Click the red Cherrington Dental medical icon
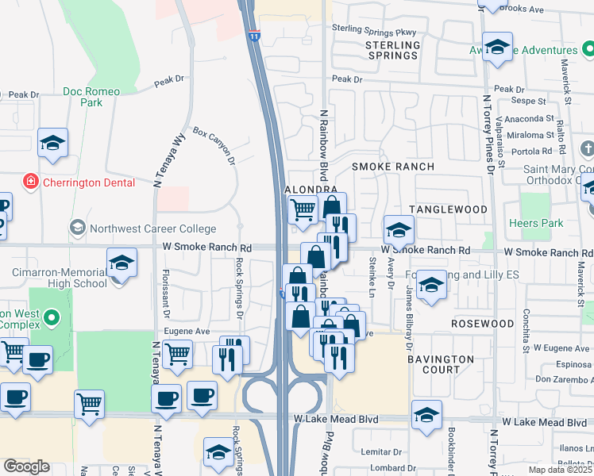(31, 182)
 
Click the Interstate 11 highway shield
(253, 35)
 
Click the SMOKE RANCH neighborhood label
(393, 167)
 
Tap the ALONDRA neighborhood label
(311, 190)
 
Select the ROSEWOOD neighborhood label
(482, 324)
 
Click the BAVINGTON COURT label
(440, 364)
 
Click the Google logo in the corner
(26, 466)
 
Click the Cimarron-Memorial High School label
(60, 278)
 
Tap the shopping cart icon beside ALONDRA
(303, 210)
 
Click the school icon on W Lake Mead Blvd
(427, 415)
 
